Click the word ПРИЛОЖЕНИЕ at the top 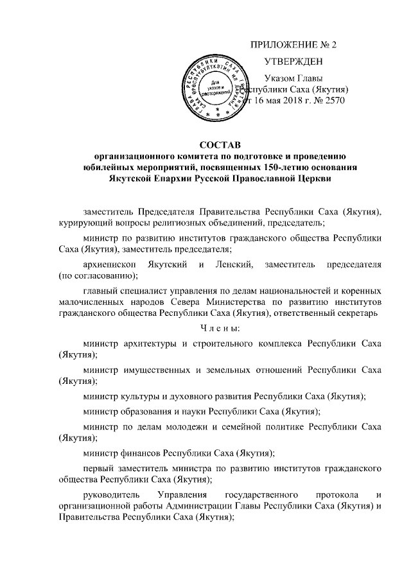click(x=282, y=44)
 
